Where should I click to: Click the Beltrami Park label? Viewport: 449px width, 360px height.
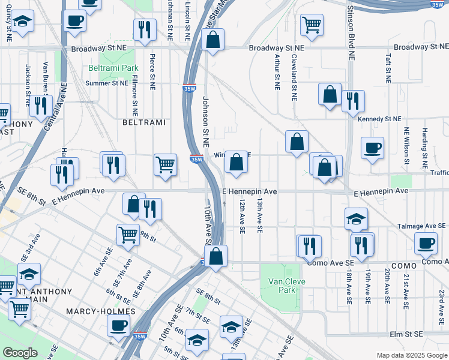(x=113, y=68)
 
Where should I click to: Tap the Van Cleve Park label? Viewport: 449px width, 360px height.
(x=288, y=286)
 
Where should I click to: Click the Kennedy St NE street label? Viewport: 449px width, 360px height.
(x=378, y=119)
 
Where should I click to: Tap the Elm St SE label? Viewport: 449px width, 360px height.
(x=406, y=334)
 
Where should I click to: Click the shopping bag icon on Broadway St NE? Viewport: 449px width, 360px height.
(x=212, y=40)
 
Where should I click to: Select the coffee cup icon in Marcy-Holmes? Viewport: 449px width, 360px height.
(x=118, y=325)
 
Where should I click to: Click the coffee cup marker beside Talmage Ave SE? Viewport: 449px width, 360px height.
(x=426, y=243)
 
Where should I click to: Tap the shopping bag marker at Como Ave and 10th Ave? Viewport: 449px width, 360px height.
(x=216, y=256)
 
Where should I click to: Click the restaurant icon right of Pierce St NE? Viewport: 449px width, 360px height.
(x=145, y=29)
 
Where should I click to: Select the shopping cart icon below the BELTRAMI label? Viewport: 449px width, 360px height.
(x=165, y=164)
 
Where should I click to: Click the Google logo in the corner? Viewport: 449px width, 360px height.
(x=20, y=353)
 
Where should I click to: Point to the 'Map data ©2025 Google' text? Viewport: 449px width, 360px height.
(x=411, y=355)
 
